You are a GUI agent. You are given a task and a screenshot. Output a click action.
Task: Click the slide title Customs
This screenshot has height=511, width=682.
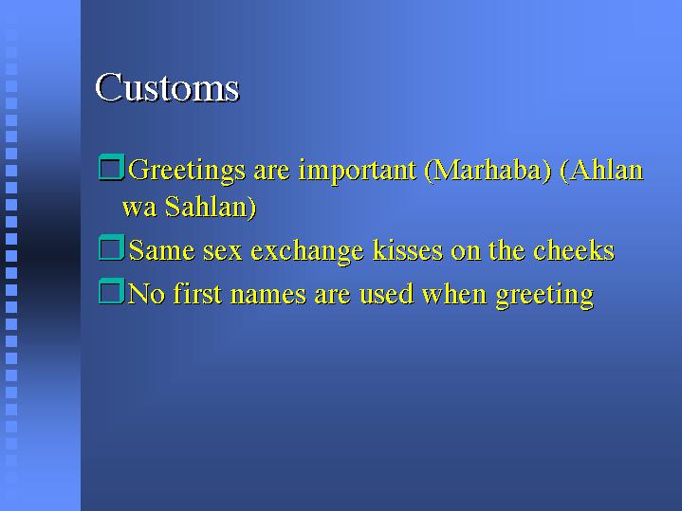click(x=167, y=87)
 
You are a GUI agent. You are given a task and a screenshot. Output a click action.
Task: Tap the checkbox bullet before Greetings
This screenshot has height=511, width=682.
click(x=111, y=167)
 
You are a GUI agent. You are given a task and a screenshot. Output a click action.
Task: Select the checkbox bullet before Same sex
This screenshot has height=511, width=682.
click(x=111, y=247)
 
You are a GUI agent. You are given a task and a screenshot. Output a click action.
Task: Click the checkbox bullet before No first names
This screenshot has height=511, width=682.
click(x=111, y=291)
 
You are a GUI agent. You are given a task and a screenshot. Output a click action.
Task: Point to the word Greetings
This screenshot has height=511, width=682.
click(x=187, y=172)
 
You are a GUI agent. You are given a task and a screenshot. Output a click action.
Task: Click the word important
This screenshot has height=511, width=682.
click(x=357, y=172)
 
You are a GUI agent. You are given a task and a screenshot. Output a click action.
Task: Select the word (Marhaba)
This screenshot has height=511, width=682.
click(x=488, y=171)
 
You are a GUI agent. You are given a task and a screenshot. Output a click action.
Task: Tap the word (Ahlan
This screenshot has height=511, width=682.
click(x=601, y=170)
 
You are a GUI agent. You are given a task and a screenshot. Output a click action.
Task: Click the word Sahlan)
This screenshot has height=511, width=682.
click(x=211, y=207)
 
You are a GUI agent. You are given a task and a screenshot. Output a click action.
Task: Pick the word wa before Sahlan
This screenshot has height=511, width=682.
click(x=139, y=209)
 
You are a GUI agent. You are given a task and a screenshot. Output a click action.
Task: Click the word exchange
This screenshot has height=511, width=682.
click(x=307, y=252)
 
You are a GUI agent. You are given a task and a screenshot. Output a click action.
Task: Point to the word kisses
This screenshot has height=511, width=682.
click(x=408, y=250)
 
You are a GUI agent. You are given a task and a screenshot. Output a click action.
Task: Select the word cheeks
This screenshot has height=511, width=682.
click(x=574, y=250)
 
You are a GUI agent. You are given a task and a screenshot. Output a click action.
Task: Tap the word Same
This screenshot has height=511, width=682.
click(x=162, y=250)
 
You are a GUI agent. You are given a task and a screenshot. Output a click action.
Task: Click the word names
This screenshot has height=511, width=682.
click(x=268, y=295)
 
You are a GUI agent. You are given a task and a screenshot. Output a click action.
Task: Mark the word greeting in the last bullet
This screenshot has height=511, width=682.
click(x=545, y=296)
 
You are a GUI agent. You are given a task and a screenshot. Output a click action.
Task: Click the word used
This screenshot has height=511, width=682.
click(x=386, y=294)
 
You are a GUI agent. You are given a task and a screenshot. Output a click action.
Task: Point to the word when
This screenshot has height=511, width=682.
click(x=454, y=294)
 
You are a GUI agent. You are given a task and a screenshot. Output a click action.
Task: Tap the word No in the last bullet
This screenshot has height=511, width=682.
click(x=147, y=294)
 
